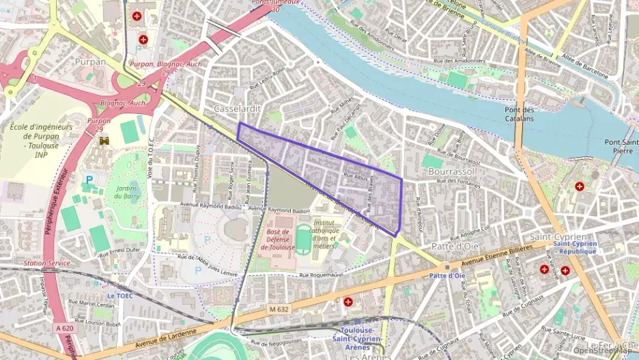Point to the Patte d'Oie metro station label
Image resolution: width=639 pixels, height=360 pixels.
(x=446, y=275)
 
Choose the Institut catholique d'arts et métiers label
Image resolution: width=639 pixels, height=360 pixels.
(x=330, y=234)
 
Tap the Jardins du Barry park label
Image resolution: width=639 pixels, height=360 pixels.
(x=126, y=191)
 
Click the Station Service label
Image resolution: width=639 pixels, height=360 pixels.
(x=46, y=263)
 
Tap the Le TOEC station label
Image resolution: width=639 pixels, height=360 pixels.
(x=122, y=296)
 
